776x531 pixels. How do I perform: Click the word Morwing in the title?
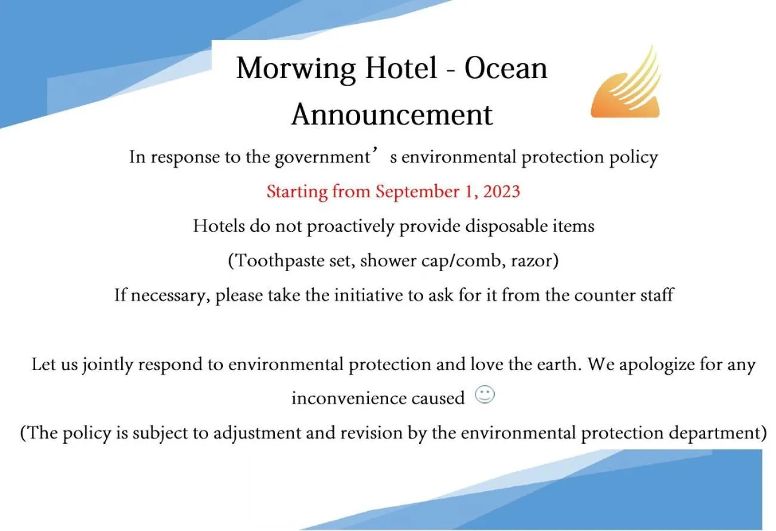pyautogui.click(x=295, y=69)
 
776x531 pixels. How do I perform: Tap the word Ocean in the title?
pyautogui.click(x=505, y=69)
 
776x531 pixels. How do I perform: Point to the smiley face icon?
pyautogui.click(x=485, y=395)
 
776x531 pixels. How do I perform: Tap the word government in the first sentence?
pyautogui.click(x=322, y=158)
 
